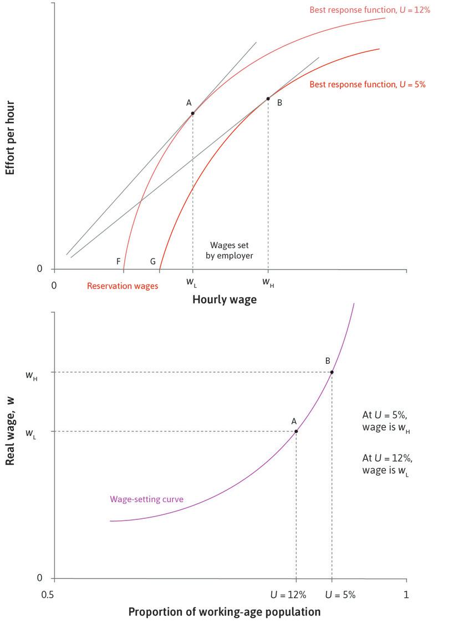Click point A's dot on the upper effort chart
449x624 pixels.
click(192, 113)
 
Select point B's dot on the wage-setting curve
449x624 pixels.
click(331, 372)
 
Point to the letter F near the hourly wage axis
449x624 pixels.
click(119, 261)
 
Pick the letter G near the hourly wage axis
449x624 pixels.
click(153, 261)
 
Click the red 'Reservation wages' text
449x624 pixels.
click(123, 286)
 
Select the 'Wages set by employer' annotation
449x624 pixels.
click(231, 250)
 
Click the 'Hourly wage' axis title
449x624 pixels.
click(225, 300)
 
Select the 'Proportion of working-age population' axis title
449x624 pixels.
click(225, 612)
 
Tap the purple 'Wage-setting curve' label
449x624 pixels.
click(146, 499)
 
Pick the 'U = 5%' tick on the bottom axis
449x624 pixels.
click(340, 595)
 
